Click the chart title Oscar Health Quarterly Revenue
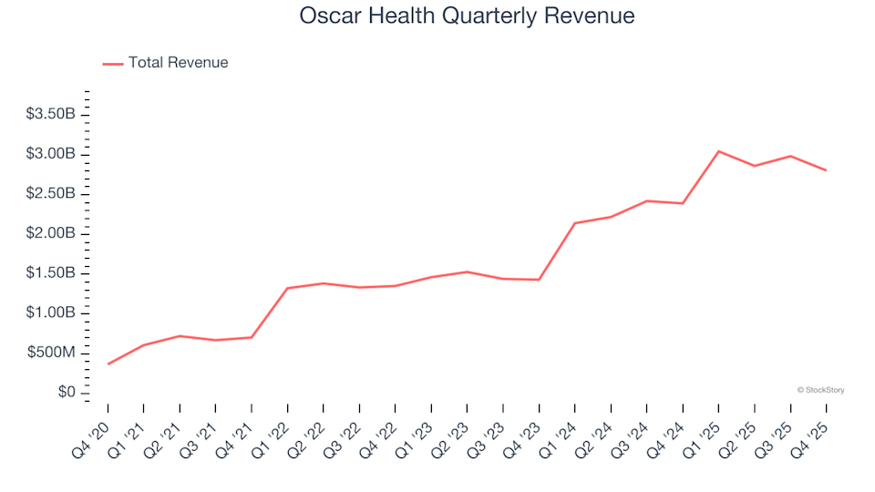tap(466, 16)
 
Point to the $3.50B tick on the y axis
tap(57, 114)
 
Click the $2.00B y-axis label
tap(57, 233)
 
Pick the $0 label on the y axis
tap(67, 392)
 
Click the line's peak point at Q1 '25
tap(718, 151)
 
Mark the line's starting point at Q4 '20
tap(108, 364)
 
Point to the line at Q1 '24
tap(575, 223)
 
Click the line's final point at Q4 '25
tap(826, 170)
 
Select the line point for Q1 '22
tap(288, 288)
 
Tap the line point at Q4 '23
tap(539, 280)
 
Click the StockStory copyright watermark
tap(820, 390)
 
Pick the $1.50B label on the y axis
tap(57, 273)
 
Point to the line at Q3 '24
tap(646, 200)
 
